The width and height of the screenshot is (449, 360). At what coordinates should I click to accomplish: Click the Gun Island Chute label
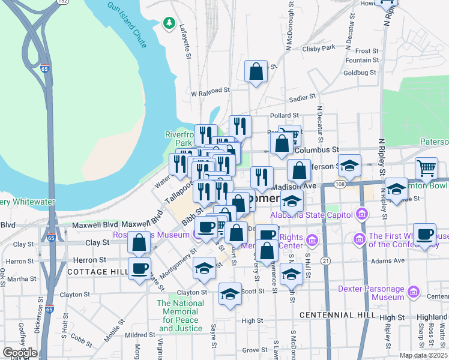pos(127,25)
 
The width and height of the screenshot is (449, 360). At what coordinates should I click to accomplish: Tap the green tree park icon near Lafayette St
pos(169,24)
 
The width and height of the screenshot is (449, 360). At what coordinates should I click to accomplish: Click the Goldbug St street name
pos(360,73)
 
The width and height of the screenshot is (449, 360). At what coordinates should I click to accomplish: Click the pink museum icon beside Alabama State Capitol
pos(361,214)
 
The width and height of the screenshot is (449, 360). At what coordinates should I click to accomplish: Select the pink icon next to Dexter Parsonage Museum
pos(412,292)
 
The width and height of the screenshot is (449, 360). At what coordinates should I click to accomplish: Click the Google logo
pos(20,353)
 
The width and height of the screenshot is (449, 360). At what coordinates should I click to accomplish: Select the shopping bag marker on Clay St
pos(139,243)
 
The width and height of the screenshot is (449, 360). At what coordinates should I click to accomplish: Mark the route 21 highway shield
pos(325,260)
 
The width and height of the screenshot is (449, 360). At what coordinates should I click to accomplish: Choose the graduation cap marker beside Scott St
pos(229,294)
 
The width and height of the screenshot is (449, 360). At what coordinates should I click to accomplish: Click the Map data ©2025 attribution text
pos(423,355)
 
